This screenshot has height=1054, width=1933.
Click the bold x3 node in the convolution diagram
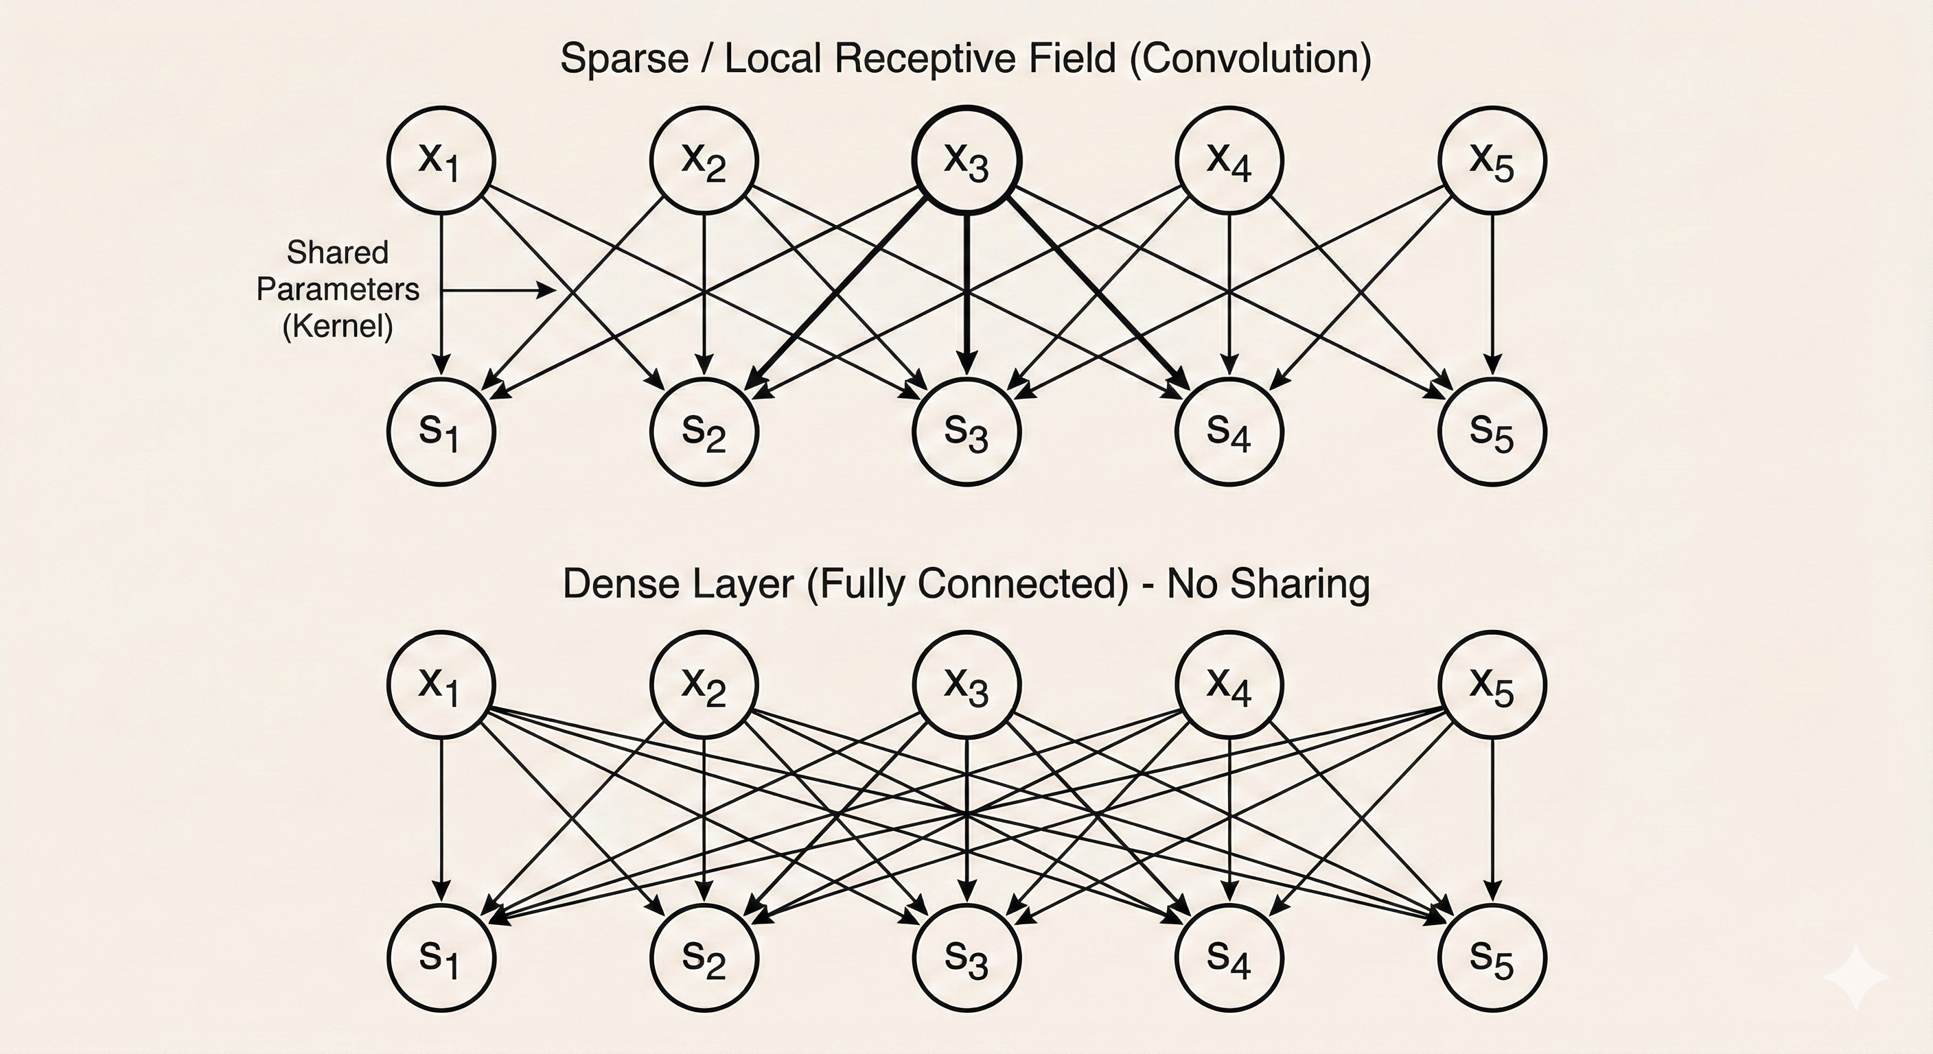(966, 161)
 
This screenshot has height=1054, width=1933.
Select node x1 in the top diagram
(441, 161)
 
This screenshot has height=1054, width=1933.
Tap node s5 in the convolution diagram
(1492, 432)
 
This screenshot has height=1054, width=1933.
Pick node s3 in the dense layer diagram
(966, 957)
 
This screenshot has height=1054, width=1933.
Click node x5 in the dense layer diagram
(1492, 685)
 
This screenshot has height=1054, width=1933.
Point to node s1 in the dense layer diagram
(441, 957)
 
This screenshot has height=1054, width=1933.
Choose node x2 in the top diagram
(704, 161)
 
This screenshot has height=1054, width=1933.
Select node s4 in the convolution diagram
(1229, 432)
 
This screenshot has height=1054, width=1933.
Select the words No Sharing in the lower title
(1268, 584)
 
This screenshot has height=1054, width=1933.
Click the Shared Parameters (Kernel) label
(338, 290)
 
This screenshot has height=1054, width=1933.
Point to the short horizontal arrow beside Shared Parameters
(498, 290)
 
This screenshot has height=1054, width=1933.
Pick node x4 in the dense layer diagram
(1229, 685)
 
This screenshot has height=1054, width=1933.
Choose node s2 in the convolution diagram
(704, 432)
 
